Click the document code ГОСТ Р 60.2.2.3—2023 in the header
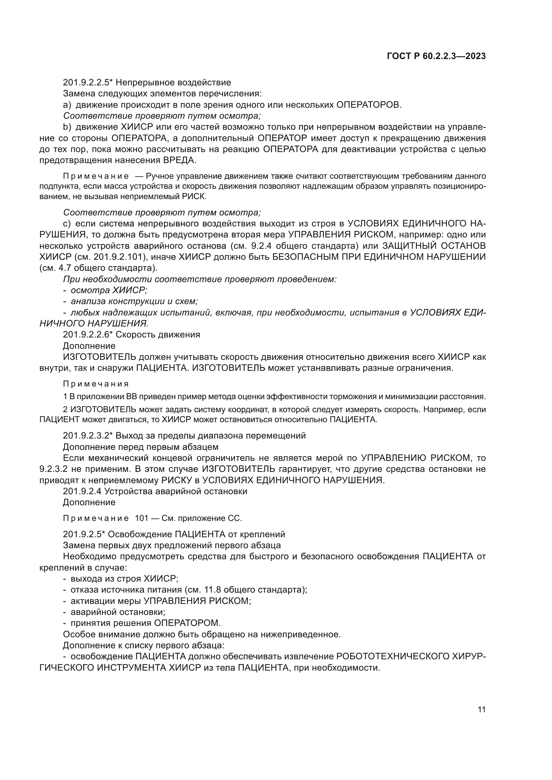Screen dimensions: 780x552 coord(436,56)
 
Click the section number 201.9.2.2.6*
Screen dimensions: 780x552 coord(87,334)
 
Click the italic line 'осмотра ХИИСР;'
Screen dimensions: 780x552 coord(109,290)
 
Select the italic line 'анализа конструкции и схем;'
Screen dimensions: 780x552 coord(134,301)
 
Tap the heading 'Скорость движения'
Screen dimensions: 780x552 coord(158,334)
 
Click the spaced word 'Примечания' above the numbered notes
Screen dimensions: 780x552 coord(96,384)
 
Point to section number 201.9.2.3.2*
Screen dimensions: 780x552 coord(87,436)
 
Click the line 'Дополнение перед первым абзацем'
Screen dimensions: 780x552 coord(141,447)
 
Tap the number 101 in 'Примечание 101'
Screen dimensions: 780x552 coord(142,518)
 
